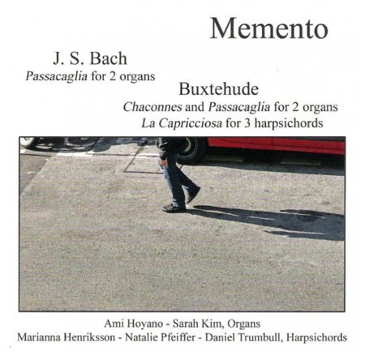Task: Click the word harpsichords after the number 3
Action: tap(286, 122)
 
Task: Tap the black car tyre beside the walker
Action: tap(195, 148)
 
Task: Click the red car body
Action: tap(276, 145)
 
